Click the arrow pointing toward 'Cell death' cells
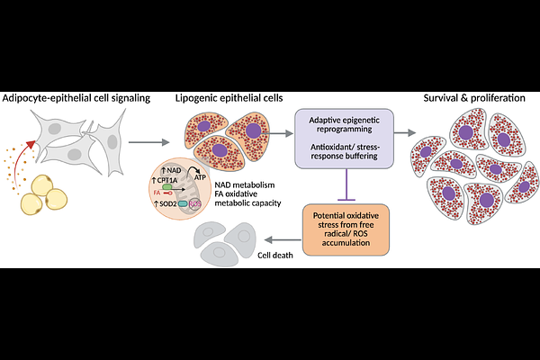pos(278,239)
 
